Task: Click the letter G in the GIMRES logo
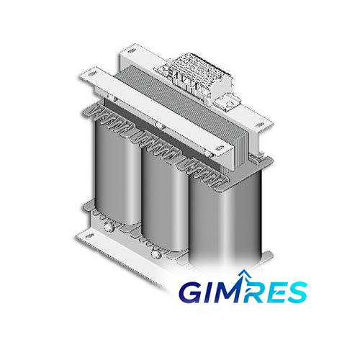[x=192, y=292]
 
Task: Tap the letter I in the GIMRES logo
[x=210, y=292]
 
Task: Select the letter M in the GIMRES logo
[x=229, y=292]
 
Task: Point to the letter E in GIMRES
[x=272, y=292]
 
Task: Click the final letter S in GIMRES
[x=296, y=292]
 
